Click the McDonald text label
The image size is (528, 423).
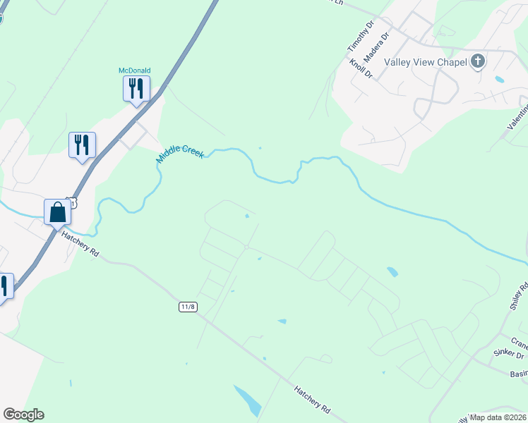pyautogui.click(x=134, y=70)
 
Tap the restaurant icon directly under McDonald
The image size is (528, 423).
pyautogui.click(x=134, y=88)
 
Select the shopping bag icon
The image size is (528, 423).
pyautogui.click(x=57, y=211)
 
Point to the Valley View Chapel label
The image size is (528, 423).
pyautogui.click(x=426, y=62)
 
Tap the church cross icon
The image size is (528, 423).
pyautogui.click(x=478, y=61)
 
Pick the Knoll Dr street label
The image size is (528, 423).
pyautogui.click(x=361, y=68)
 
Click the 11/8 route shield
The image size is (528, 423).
pyautogui.click(x=188, y=307)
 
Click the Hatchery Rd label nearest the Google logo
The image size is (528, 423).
pyautogui.click(x=312, y=398)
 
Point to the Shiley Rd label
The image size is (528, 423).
pyautogui.click(x=519, y=296)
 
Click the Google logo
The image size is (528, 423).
pyautogui.click(x=23, y=415)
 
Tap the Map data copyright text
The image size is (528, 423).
pyautogui.click(x=498, y=417)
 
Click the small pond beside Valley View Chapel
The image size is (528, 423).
pyautogui.click(x=500, y=79)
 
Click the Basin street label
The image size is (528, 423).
pyautogui.click(x=518, y=373)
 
